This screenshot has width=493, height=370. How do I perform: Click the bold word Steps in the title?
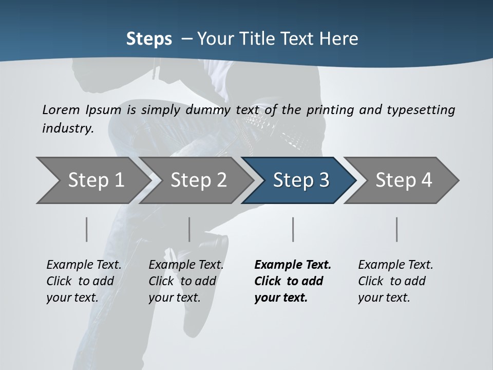[x=149, y=39]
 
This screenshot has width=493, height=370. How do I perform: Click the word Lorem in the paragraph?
[x=61, y=109]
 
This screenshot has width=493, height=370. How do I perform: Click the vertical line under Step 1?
[x=87, y=229]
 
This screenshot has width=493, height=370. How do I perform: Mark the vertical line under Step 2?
[x=189, y=229]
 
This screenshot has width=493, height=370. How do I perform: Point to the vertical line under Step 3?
[x=293, y=229]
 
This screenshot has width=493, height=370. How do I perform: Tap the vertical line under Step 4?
[x=397, y=229]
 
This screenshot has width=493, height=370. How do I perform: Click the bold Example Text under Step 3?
[x=293, y=265]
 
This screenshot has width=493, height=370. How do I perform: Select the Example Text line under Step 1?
[x=84, y=265]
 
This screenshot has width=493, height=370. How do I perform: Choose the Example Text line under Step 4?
[x=395, y=265]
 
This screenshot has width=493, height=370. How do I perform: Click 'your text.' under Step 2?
[x=174, y=298]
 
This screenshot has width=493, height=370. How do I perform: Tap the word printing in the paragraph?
[x=333, y=109]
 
